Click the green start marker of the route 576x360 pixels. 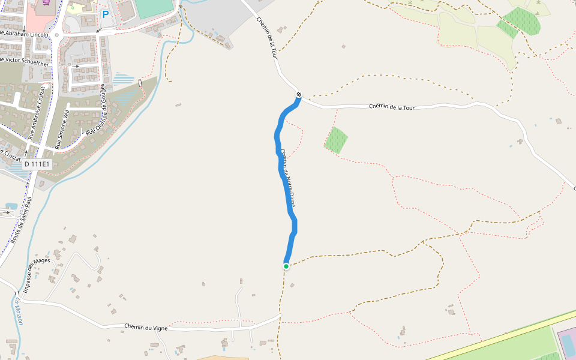coord(286,266)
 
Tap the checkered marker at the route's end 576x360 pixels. coord(298,94)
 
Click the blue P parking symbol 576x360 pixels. coord(106,14)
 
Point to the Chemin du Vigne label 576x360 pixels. coord(146,328)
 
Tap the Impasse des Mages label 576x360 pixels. coord(37,273)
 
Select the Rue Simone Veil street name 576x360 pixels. coord(62,129)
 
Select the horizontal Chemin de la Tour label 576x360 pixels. coord(392,107)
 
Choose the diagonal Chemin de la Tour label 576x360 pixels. coord(268,37)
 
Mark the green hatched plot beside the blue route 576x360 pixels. coord(337,140)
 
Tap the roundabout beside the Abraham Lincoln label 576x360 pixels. coord(57,35)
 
